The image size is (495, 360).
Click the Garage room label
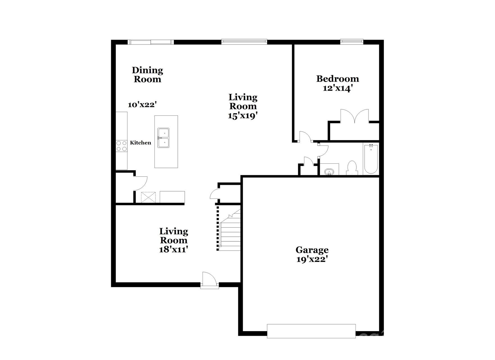(x=312, y=250)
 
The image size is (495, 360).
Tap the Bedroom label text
(x=337, y=79)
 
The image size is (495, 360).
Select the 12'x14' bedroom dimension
(x=337, y=88)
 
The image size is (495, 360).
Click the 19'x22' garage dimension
(x=312, y=259)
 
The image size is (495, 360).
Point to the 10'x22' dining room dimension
(x=142, y=105)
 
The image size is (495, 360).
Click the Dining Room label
(x=147, y=75)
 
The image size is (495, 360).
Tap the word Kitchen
(x=140, y=143)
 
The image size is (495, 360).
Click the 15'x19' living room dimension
(x=243, y=116)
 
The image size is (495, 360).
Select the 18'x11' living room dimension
(x=174, y=249)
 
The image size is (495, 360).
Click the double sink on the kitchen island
(x=163, y=138)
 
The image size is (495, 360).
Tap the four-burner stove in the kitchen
(x=121, y=146)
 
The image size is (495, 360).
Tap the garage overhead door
(x=311, y=331)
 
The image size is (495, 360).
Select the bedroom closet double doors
(x=355, y=116)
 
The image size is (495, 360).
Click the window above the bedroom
(x=352, y=42)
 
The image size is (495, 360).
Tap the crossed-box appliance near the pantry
(x=148, y=197)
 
